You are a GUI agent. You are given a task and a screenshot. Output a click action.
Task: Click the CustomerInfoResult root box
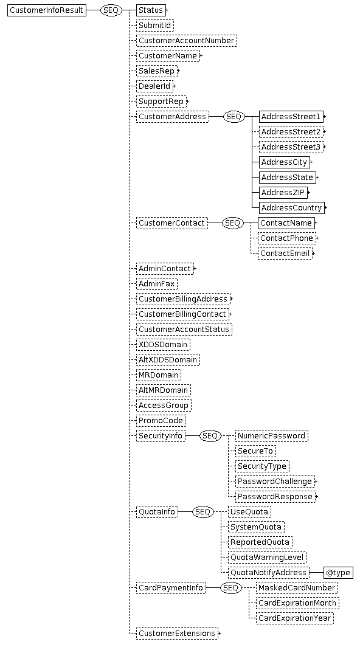pyautogui.click(x=47, y=10)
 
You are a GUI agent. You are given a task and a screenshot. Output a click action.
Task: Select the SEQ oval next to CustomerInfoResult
pyautogui.click(x=111, y=10)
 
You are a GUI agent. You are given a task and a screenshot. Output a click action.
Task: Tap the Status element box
pyautogui.click(x=151, y=10)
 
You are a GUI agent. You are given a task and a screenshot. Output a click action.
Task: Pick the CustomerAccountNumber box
pyautogui.click(x=187, y=40)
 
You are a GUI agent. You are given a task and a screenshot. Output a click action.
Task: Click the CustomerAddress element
pyautogui.click(x=173, y=117)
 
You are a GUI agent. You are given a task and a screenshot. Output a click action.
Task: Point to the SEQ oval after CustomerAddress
pyautogui.click(x=234, y=117)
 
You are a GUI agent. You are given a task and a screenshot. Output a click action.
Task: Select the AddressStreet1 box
pyautogui.click(x=291, y=117)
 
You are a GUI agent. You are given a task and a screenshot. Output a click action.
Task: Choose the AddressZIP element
pyautogui.click(x=283, y=192)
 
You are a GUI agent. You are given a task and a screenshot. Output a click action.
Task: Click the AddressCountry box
pyautogui.click(x=292, y=208)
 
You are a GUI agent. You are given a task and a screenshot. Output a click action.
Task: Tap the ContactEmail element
pyautogui.click(x=285, y=253)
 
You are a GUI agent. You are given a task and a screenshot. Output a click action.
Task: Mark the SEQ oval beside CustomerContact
pyautogui.click(x=232, y=223)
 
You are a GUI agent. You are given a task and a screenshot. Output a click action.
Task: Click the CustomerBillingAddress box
pyautogui.click(x=183, y=299)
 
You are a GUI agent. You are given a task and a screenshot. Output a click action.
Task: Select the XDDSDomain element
pyautogui.click(x=164, y=344)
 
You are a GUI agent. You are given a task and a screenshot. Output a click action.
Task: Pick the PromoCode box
pyautogui.click(x=161, y=421)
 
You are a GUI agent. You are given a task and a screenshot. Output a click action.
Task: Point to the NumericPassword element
pyautogui.click(x=272, y=435)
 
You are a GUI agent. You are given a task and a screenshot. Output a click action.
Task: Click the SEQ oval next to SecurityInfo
pyautogui.click(x=210, y=435)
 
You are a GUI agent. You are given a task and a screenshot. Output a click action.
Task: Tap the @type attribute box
pyautogui.click(x=338, y=573)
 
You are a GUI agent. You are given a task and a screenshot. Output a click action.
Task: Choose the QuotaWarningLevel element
pyautogui.click(x=267, y=557)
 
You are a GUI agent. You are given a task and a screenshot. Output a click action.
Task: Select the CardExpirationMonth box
pyautogui.click(x=297, y=603)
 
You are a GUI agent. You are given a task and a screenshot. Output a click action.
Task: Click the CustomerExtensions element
pyautogui.click(x=177, y=634)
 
